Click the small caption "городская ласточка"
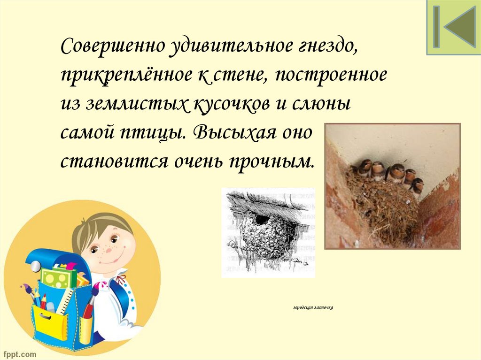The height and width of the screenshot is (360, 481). point(313,308)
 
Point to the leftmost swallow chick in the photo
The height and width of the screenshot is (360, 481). point(365,168)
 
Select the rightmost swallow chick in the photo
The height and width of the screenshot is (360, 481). point(417,184)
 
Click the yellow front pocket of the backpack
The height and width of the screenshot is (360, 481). point(51,323)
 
